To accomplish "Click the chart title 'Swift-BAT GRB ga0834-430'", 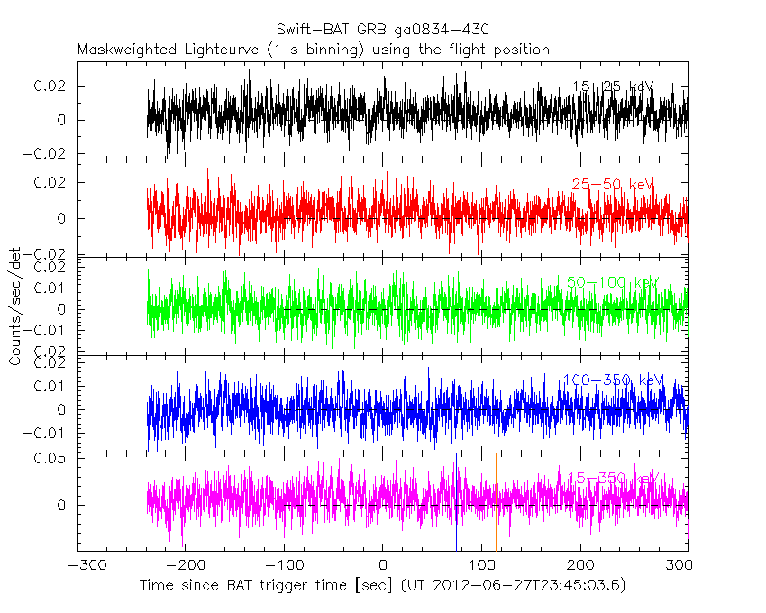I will tap(383, 31).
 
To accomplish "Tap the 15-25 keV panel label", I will tap(613, 87).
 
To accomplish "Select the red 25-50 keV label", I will tap(612, 185).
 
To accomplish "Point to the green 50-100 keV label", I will tap(613, 282).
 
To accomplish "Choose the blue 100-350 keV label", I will tap(613, 380).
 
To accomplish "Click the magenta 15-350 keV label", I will tap(613, 478).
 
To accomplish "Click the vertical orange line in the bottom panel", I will tap(496, 505).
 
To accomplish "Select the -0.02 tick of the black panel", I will tap(47, 154).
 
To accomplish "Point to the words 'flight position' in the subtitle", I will tap(501, 50).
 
